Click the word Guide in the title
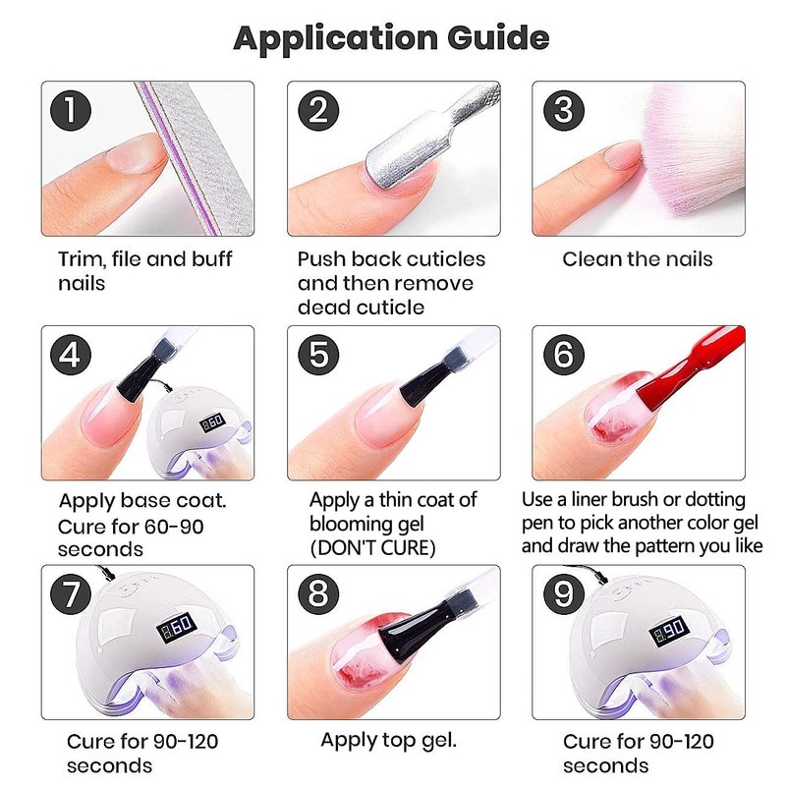(498, 38)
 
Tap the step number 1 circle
(71, 111)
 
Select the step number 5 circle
(318, 355)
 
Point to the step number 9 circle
(564, 594)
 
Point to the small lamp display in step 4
(212, 422)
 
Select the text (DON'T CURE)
(372, 548)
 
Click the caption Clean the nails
(637, 259)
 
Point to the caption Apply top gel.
(388, 741)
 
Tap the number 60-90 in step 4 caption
(174, 527)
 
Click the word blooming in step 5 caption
(346, 525)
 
